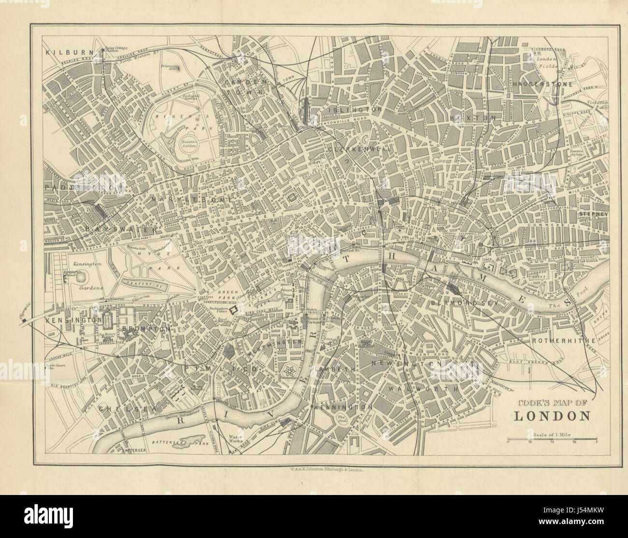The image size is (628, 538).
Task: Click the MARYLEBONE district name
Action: point(193,199)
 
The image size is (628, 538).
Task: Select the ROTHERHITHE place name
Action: point(564,340)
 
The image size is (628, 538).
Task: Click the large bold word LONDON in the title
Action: point(552,416)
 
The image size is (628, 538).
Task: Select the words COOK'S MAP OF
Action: point(552,401)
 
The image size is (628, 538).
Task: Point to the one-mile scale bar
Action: point(552,440)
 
